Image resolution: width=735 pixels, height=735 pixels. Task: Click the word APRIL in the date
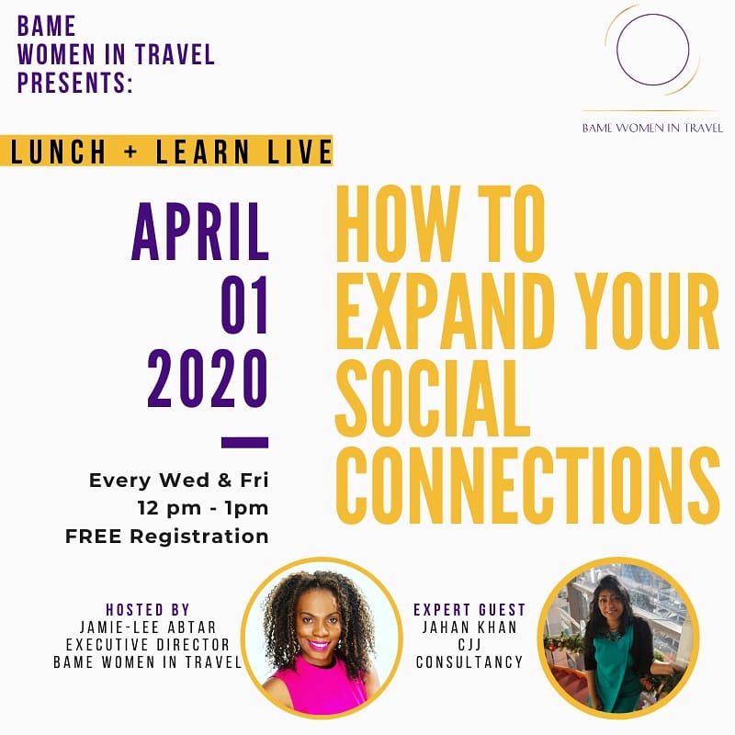pos(200,232)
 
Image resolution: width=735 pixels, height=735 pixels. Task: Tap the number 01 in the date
pos(244,304)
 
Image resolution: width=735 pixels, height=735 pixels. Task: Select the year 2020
pos(208,378)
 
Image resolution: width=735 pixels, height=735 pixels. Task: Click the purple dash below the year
pos(244,443)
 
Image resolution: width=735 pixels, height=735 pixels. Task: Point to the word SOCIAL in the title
pos(432,399)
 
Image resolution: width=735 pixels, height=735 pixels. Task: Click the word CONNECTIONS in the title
pos(527,485)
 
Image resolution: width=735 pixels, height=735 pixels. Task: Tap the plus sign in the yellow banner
pos(131,151)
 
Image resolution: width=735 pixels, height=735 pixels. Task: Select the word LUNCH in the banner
pos(58,151)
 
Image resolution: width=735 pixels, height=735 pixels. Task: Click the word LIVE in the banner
pos(300,151)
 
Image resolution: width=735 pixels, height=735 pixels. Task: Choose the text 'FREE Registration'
pos(167,537)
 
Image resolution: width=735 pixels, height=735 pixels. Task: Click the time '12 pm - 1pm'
pos(203,508)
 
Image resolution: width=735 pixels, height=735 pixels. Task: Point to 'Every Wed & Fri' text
pos(178,480)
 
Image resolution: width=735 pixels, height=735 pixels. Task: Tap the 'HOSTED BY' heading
pos(148,610)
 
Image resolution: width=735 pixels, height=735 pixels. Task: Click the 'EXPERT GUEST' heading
pos(469,610)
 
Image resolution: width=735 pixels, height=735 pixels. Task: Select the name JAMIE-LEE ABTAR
pos(148,628)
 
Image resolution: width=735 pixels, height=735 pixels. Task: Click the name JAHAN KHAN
pos(469,628)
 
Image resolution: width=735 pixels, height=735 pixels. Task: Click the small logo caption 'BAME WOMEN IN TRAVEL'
pos(652,128)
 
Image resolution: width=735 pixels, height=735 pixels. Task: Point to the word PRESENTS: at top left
pos(75,82)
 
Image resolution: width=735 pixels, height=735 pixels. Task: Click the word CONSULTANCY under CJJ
pos(469,661)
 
